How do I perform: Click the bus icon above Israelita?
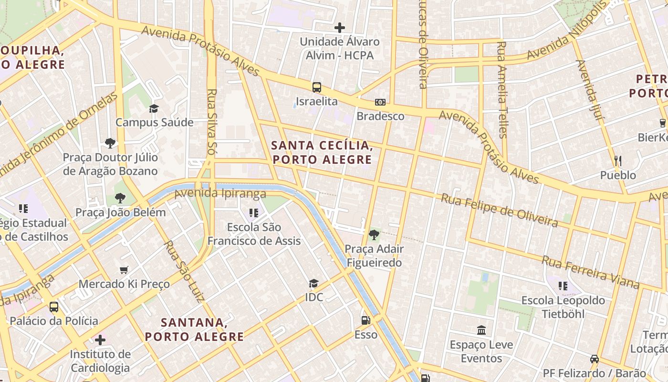(x=317, y=87)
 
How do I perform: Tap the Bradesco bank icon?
(x=380, y=102)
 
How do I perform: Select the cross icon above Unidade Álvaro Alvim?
(x=340, y=28)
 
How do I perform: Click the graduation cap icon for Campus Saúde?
(x=154, y=108)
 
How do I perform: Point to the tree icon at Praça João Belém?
(x=120, y=198)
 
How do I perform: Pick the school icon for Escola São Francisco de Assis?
(x=253, y=212)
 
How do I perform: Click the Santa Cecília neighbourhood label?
(x=322, y=152)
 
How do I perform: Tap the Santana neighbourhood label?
(x=194, y=329)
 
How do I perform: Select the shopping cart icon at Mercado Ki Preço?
(x=124, y=270)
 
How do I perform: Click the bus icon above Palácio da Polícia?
(x=54, y=307)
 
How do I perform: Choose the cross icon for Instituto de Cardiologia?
(x=100, y=340)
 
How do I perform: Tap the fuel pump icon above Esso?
(x=365, y=320)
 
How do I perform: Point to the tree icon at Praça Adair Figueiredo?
(x=374, y=234)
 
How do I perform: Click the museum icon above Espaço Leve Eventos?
(x=481, y=330)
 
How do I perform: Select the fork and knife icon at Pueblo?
(x=618, y=161)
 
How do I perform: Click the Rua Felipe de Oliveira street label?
(x=499, y=210)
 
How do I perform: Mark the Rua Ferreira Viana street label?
(x=590, y=272)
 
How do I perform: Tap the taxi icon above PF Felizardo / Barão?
(x=594, y=359)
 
